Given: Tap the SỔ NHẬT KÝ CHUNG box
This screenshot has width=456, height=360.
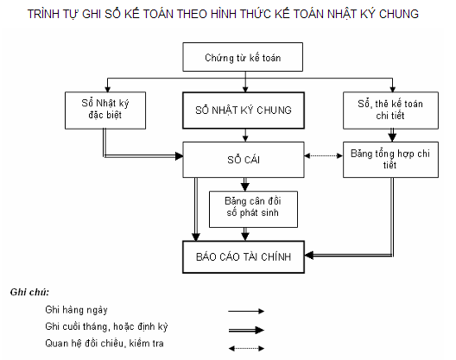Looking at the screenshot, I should click(244, 111).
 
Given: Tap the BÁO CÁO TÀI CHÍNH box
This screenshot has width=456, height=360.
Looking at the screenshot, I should click(243, 256).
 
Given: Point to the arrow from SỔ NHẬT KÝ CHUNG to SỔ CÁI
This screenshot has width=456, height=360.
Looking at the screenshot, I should click(246, 135).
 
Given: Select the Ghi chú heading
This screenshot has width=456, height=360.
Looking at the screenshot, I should click(30, 291).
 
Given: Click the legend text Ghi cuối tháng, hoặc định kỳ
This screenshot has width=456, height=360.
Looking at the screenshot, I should click(104, 327).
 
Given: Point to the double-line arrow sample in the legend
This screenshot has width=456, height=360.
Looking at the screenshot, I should click(246, 329).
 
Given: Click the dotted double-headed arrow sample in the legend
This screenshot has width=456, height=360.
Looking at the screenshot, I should click(246, 348).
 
